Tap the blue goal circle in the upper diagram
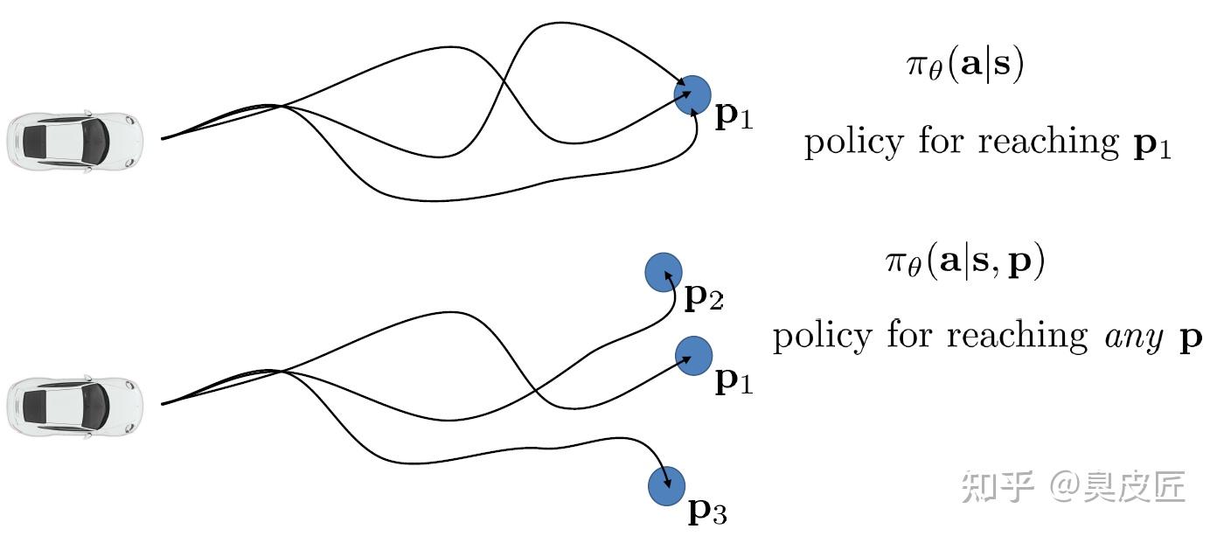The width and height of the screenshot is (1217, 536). tap(692, 94)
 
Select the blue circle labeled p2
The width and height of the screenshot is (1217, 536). tap(663, 273)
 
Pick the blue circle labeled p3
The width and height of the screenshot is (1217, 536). tap(666, 486)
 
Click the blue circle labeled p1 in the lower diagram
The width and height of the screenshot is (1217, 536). tap(693, 356)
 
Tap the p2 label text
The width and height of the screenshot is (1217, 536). tap(703, 299)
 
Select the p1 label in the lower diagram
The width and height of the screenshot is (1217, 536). tap(733, 381)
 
